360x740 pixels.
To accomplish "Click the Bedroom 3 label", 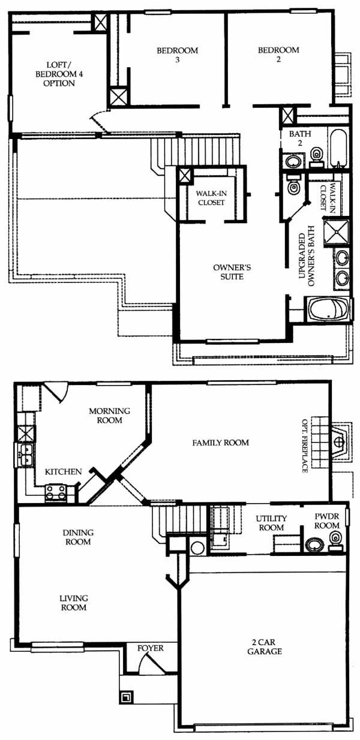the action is coord(177,55).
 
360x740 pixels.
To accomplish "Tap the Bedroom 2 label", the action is coord(278,55).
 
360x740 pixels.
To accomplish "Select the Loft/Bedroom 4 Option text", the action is coord(59,74).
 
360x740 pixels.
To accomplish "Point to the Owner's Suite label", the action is coord(232,272).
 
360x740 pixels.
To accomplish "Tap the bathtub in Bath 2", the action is coord(337,149).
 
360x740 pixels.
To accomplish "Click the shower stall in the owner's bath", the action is coord(336,232).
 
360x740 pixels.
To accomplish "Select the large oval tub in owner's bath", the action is coord(328,309).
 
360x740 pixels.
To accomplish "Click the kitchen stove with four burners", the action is coord(56,493).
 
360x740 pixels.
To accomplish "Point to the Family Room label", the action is coord(220,443).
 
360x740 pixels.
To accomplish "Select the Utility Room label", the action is coord(271,523).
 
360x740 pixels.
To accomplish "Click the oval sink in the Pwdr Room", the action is coord(314,545).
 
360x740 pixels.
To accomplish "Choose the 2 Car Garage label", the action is coord(265,647).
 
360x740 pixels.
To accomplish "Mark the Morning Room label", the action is coord(109,416).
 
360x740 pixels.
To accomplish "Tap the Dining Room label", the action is coord(79,537).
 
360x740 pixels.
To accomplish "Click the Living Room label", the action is coord(73,603).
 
